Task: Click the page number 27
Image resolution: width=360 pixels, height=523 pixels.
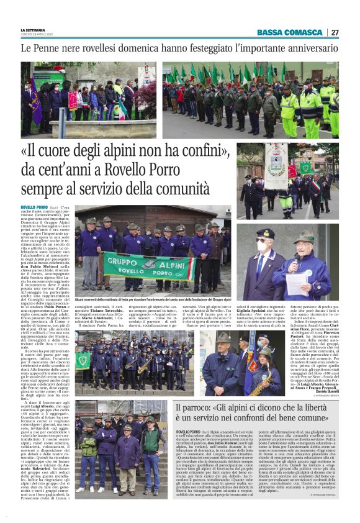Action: click(335, 32)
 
